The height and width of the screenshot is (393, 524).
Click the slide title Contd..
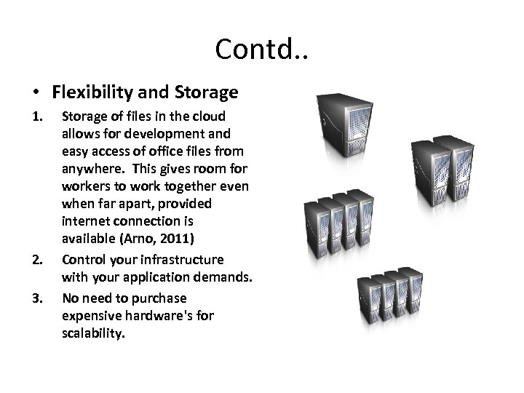click(x=261, y=49)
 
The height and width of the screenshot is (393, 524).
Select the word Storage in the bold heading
click(x=207, y=92)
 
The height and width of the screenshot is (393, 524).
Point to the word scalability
click(x=94, y=336)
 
